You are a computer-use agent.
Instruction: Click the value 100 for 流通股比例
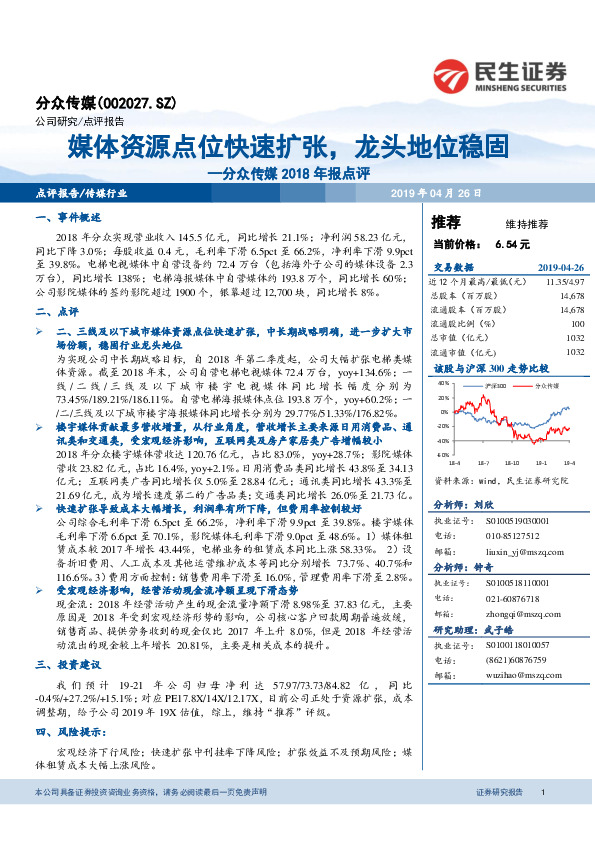[576, 324]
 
